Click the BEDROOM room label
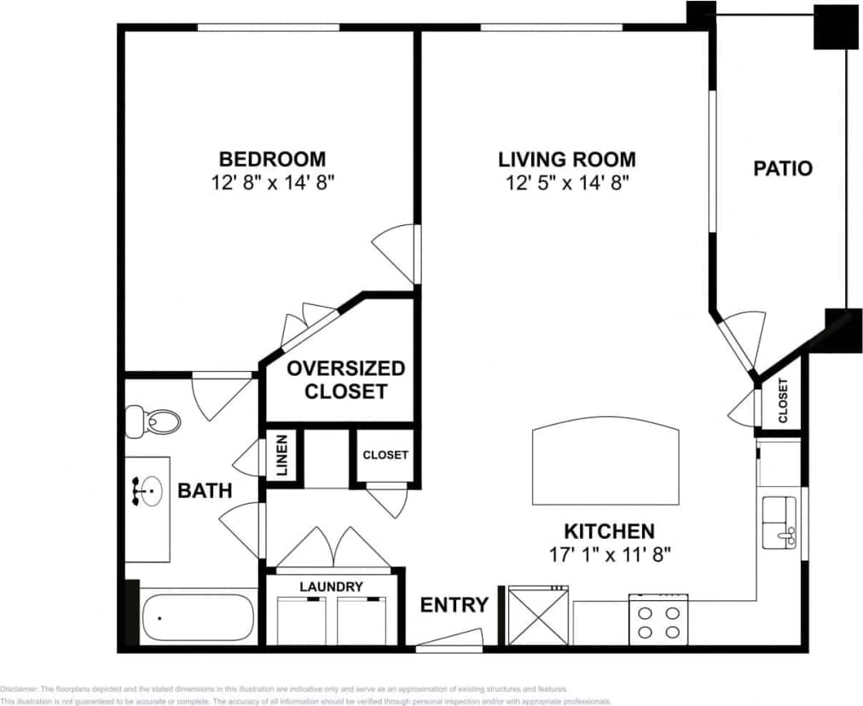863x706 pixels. coord(272,159)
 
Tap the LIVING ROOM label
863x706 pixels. coord(566,159)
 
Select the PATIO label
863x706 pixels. coord(782,168)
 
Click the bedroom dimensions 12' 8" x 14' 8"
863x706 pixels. coord(272,182)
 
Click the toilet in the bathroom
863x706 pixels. coord(154,421)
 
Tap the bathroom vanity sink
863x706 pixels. coord(148,491)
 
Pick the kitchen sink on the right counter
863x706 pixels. coord(779,522)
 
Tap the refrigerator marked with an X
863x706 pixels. coord(537,616)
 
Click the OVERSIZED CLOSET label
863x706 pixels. coord(345,380)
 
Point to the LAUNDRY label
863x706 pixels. coord(331,587)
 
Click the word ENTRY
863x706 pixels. coord(455,605)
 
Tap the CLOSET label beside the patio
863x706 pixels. coord(782,400)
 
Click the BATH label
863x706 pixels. coord(205,490)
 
